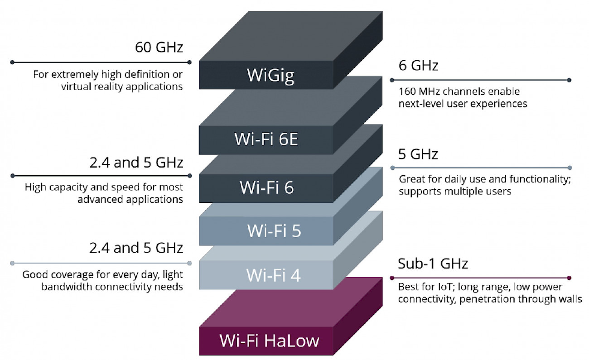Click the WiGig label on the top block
(x=270, y=76)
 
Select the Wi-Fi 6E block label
(x=266, y=139)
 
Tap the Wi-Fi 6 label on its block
(x=266, y=187)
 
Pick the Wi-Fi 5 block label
(x=274, y=230)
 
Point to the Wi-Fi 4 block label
(x=274, y=275)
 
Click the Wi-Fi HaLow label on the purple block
(x=269, y=341)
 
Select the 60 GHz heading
(x=159, y=47)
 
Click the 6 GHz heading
(x=418, y=65)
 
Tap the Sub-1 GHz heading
(x=433, y=264)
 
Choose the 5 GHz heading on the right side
(x=418, y=154)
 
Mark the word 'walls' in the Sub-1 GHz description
(x=570, y=299)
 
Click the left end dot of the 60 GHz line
(x=12, y=62)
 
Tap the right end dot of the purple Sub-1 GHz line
(x=569, y=278)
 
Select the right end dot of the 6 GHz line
(x=569, y=80)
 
